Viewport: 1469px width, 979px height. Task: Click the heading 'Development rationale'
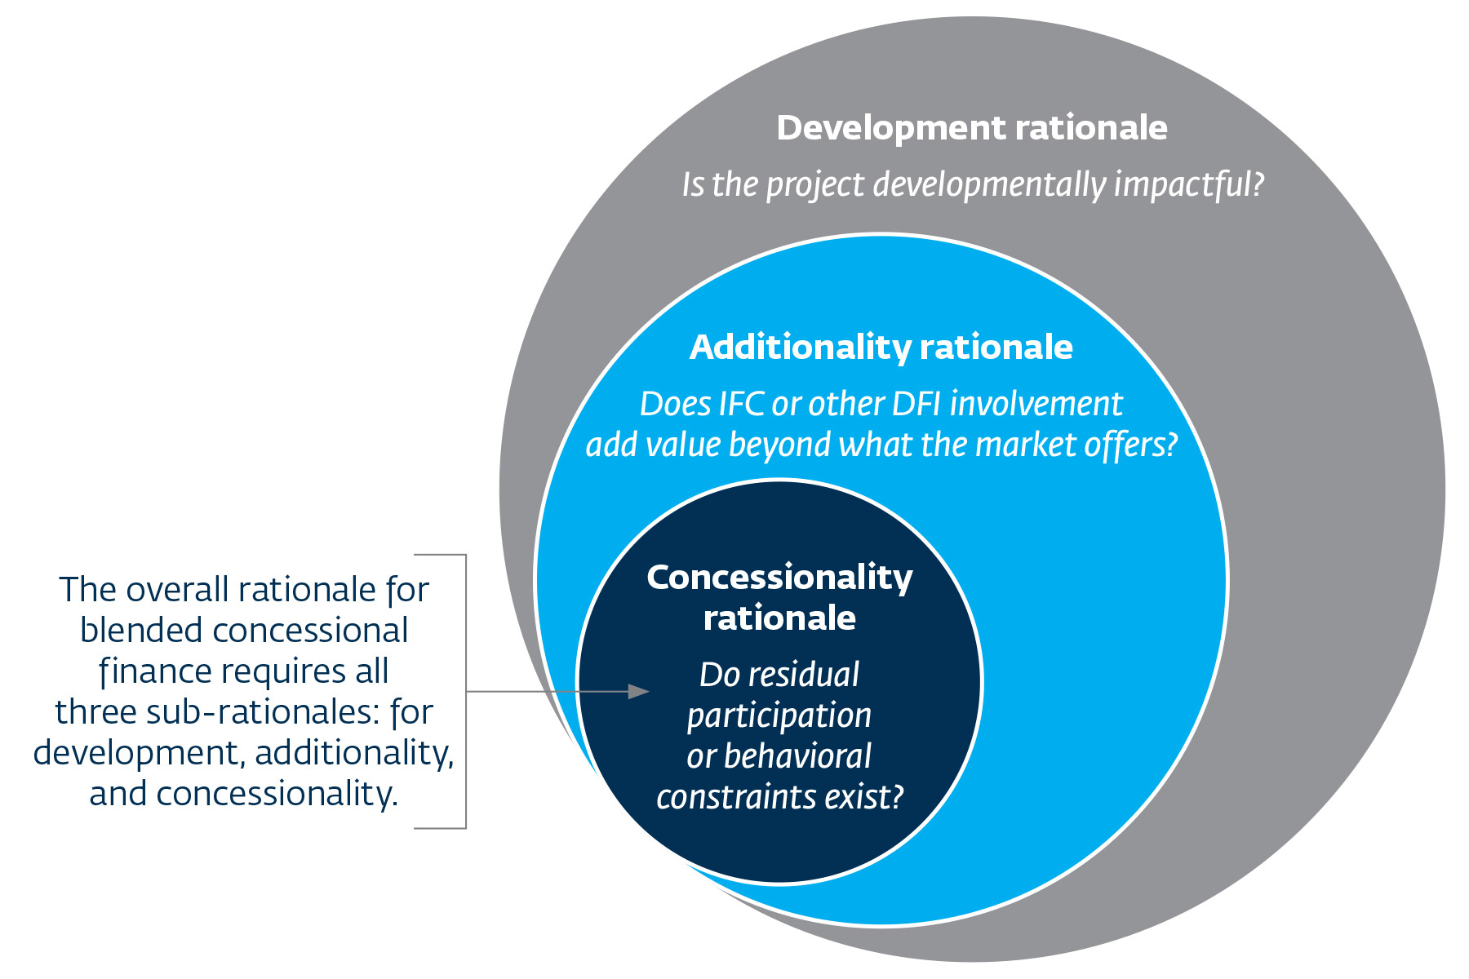(971, 128)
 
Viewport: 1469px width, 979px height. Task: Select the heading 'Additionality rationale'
(881, 348)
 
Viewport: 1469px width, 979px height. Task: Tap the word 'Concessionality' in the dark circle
(779, 578)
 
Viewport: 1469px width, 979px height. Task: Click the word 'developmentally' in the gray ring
(990, 184)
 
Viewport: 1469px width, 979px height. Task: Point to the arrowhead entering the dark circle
(639, 692)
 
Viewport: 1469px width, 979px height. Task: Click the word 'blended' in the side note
(142, 631)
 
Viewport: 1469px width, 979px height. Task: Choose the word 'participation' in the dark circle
(779, 716)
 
